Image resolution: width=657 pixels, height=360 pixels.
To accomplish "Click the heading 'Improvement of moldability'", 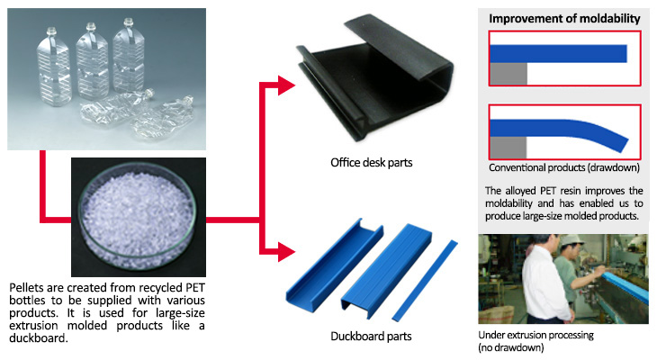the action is coord(564,19).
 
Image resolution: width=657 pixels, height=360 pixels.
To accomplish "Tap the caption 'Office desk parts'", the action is coord(371,163).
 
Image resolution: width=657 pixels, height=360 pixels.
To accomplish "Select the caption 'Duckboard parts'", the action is coord(371,336).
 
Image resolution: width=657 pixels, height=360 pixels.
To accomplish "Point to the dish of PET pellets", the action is coord(139,217).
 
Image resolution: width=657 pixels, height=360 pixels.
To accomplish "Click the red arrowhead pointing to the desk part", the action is coord(286,85).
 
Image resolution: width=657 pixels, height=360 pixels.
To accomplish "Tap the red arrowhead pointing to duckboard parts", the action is coord(286,252).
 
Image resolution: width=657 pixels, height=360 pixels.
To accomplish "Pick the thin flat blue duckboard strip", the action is coord(425,281).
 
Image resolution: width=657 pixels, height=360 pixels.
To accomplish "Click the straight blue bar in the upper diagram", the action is coord(558,54).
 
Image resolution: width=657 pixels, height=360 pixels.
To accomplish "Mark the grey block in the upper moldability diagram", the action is coord(508,74).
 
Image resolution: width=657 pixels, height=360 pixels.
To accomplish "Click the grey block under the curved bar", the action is coord(508,147).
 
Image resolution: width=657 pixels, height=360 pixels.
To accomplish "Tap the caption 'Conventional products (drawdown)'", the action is coord(564,167).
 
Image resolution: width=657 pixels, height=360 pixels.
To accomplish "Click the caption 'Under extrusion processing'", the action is coord(535,336).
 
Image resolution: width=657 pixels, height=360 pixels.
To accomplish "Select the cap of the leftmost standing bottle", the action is coord(51,31).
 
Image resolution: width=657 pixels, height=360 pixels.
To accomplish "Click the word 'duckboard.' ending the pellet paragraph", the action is coord(39,338).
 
